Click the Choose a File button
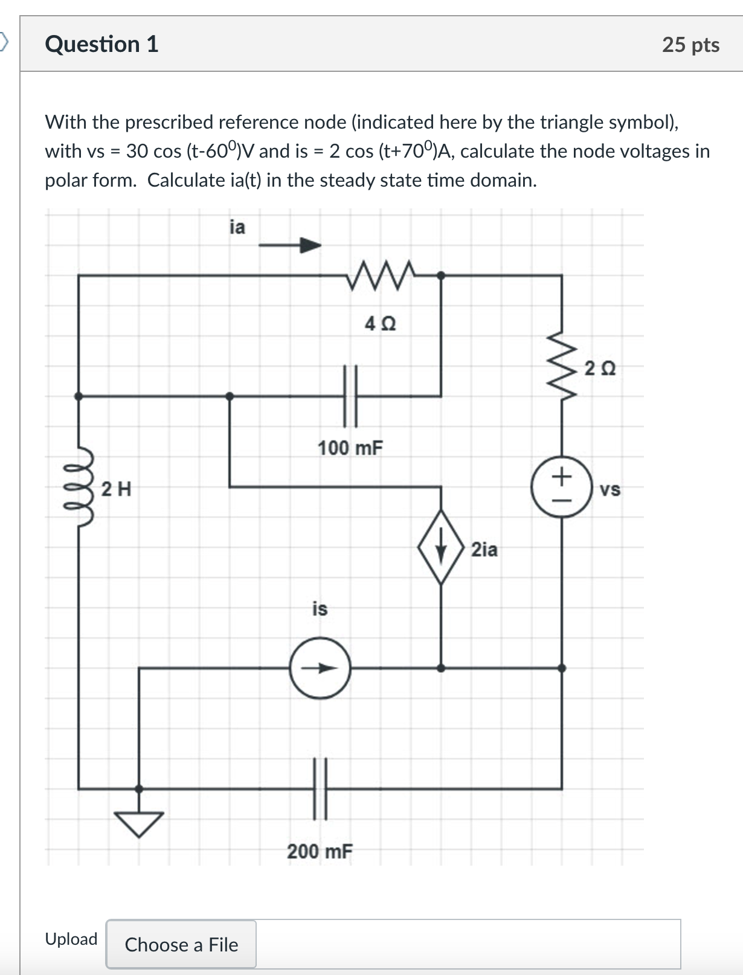(181, 944)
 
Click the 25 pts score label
(690, 45)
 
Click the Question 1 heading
(101, 44)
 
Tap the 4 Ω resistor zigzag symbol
(381, 275)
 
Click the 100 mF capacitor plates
(350, 396)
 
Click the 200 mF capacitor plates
(320, 788)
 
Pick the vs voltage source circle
(561, 487)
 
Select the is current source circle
(320, 668)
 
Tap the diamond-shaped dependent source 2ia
(442, 547)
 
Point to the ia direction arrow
(290, 245)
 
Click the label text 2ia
(484, 550)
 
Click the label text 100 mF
(350, 448)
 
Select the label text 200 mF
(320, 852)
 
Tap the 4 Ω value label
(381, 324)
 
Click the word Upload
(71, 939)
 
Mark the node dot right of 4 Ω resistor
(441, 275)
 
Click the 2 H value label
(116, 488)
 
